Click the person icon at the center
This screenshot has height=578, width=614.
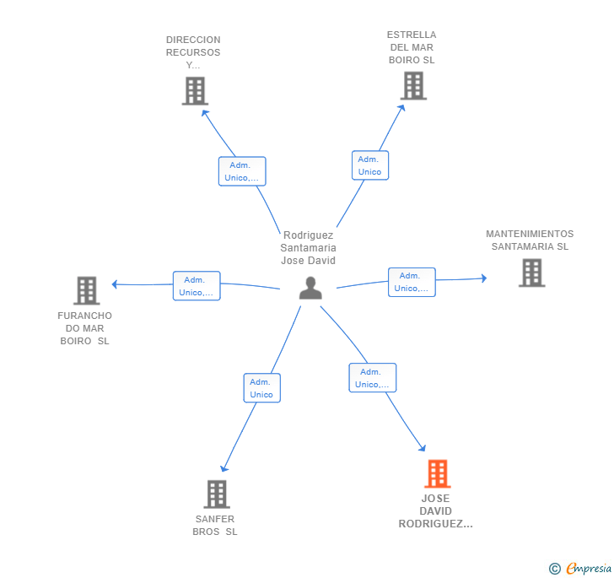[x=310, y=288]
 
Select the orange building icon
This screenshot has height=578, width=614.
[x=438, y=473]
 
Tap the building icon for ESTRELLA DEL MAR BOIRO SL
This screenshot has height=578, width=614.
[x=413, y=85]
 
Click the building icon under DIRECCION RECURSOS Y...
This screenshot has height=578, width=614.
[x=195, y=91]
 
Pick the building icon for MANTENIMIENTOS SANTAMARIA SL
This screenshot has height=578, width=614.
[x=531, y=273]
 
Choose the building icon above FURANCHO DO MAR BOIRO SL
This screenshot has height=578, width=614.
[x=87, y=290]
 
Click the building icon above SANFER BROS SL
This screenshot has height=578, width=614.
[x=217, y=494]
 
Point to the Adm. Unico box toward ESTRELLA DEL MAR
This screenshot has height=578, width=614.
[x=370, y=165]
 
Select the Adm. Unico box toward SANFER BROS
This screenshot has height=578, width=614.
[x=262, y=388]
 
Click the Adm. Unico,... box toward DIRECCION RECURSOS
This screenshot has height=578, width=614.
[x=242, y=171]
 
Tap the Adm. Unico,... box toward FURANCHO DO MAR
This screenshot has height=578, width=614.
[x=197, y=286]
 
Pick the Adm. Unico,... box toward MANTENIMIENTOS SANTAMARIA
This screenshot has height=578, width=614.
[x=412, y=282]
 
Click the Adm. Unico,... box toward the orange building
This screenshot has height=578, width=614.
[x=373, y=378]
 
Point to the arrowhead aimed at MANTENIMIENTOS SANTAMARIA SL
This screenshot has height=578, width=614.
[x=484, y=278]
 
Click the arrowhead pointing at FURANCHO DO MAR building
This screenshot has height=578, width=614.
[x=115, y=284]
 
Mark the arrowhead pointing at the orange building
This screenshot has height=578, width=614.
[x=423, y=448]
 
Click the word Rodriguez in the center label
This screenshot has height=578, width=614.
[x=308, y=235]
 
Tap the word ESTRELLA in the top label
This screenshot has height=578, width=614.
[x=412, y=35]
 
